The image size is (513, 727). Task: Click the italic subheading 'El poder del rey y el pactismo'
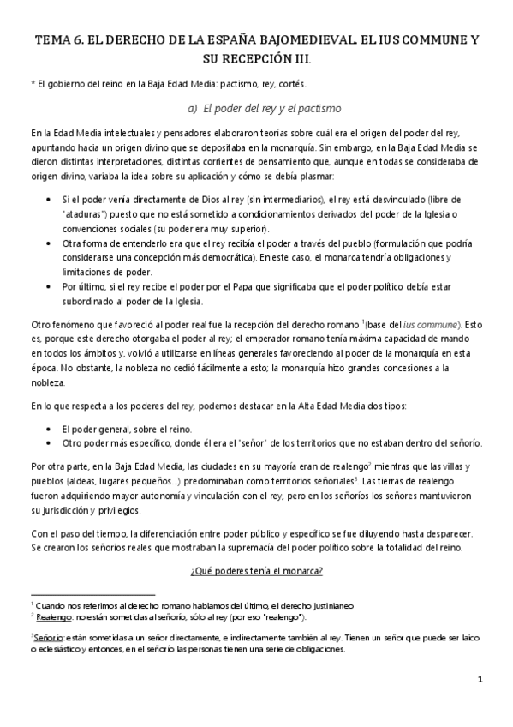click(265, 109)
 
